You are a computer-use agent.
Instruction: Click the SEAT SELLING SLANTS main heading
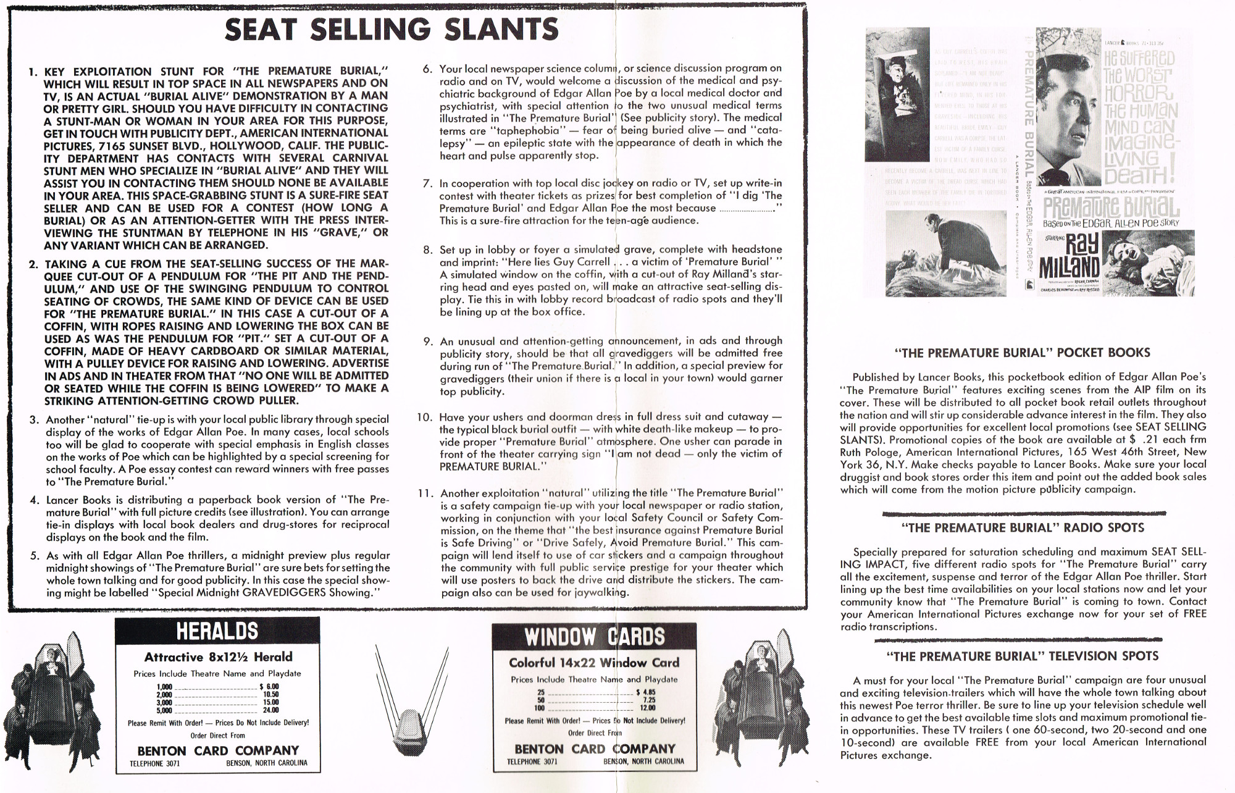[391, 29]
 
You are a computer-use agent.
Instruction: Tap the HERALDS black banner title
[217, 631]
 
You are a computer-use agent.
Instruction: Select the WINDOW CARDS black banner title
[594, 637]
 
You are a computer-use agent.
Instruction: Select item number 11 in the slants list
[425, 493]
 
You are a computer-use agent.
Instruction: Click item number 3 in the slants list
[35, 420]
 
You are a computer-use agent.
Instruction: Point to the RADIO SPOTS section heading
[1023, 528]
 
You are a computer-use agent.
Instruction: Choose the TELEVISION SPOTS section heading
[1022, 656]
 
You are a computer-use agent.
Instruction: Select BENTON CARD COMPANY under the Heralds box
[218, 750]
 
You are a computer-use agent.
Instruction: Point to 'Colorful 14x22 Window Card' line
[593, 663]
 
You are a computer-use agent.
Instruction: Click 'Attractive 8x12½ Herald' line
[218, 657]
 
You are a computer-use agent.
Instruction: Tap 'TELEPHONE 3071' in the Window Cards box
[532, 762]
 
